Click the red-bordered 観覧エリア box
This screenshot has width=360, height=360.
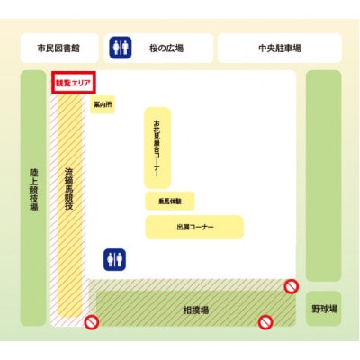tap(75, 82)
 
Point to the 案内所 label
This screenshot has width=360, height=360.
tap(103, 105)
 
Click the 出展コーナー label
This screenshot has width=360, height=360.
tap(194, 227)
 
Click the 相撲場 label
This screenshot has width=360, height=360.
tap(196, 309)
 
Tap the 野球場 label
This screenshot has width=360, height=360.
tap(324, 309)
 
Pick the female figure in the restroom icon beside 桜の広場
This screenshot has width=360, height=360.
tap(126, 48)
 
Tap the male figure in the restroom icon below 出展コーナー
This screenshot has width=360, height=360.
tap(111, 259)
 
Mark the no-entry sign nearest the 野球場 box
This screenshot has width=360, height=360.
tap(291, 286)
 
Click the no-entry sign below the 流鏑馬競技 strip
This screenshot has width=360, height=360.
tap(91, 322)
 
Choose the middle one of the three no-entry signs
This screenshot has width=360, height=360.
tap(265, 321)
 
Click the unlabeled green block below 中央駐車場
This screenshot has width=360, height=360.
tap(323, 175)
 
